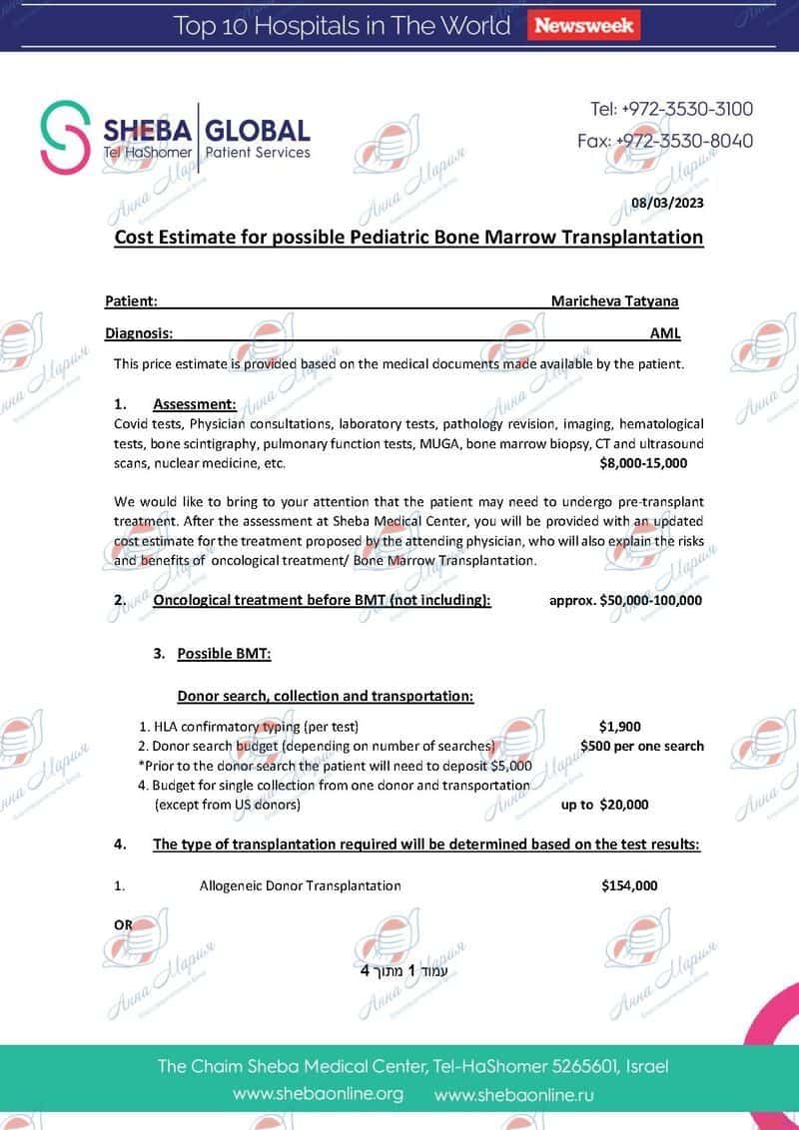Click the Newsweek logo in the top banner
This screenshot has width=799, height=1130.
click(x=585, y=26)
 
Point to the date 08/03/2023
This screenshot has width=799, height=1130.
click(x=667, y=204)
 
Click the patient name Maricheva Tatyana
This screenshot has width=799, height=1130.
click(x=614, y=300)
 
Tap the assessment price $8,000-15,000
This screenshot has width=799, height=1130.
click(x=643, y=464)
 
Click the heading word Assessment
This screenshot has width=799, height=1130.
click(x=195, y=404)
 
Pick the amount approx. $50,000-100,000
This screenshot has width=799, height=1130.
click(x=626, y=600)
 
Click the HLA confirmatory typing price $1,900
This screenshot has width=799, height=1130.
click(x=619, y=727)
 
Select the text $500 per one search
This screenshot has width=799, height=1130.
click(x=641, y=746)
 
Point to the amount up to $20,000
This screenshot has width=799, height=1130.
click(x=605, y=805)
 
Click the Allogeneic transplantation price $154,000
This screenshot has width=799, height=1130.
click(x=629, y=885)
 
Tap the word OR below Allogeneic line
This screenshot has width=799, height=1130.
click(x=123, y=924)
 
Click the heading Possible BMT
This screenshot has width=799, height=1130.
click(x=224, y=654)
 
